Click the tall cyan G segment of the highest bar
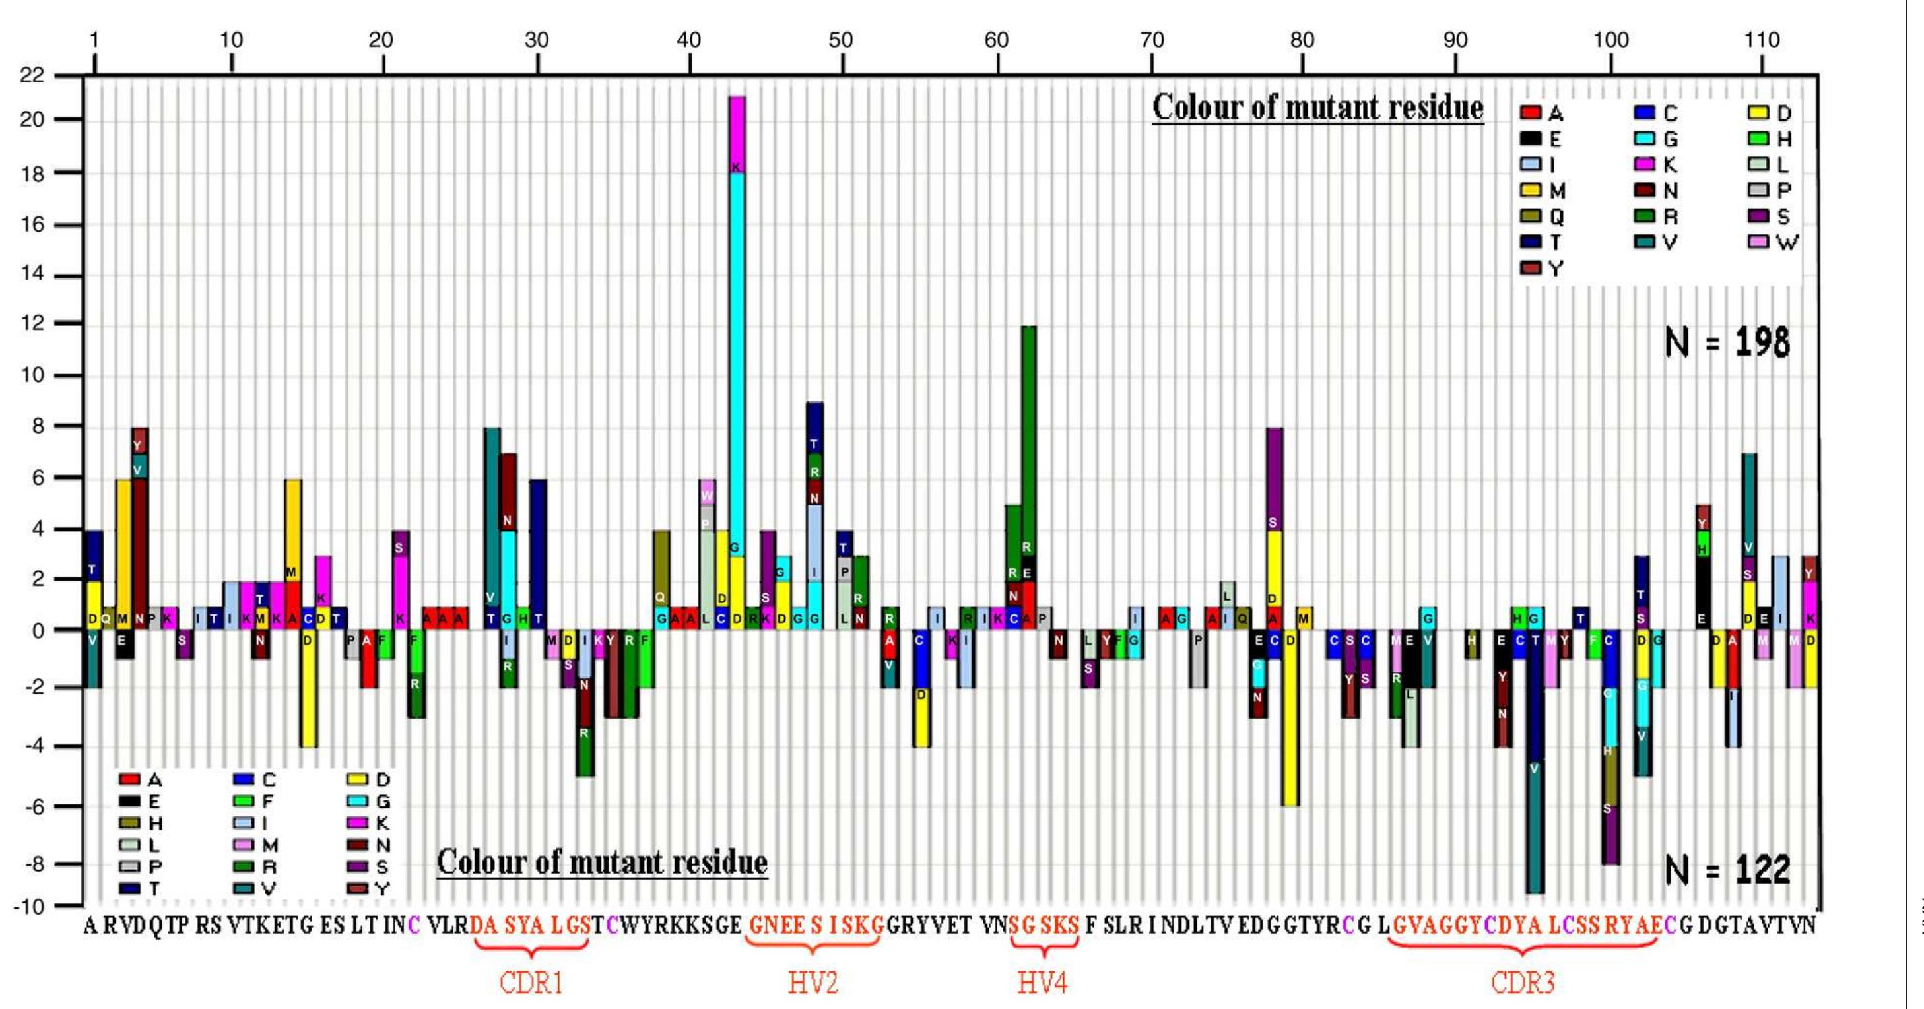[737, 358]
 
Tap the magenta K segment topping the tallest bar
[737, 135]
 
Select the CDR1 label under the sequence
[531, 982]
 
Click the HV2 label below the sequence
[813, 982]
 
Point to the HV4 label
[1043, 982]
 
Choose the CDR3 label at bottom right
[1522, 982]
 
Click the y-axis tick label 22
[32, 75]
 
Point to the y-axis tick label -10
[29, 906]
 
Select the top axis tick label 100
[1611, 40]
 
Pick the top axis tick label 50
[841, 40]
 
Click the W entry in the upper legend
[1774, 242]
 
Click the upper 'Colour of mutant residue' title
[1317, 108]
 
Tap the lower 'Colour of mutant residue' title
[602, 863]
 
